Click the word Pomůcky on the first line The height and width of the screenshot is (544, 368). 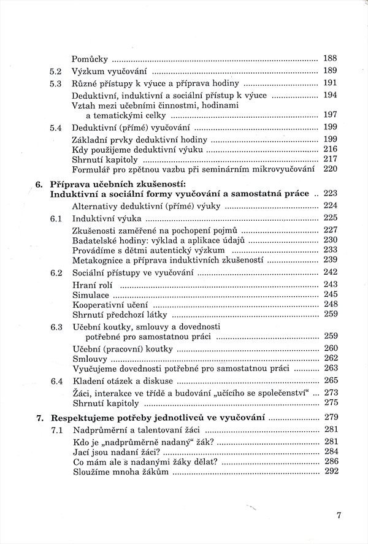pos(90,59)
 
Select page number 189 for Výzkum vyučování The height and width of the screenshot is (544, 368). pos(330,71)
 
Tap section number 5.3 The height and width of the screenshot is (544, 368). pos(56,83)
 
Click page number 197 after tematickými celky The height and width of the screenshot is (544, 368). pos(330,115)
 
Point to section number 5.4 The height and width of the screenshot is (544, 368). pos(56,128)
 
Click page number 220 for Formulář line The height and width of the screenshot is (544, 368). pos(330,169)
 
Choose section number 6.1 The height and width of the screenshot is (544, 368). pos(56,218)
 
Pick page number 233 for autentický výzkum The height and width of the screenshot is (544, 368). pos(330,250)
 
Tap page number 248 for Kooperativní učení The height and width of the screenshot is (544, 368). pos(330,304)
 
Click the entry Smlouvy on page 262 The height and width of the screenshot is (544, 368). pos(90,358)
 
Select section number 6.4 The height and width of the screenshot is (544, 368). pos(56,381)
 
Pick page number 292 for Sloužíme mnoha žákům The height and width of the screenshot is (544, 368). pos(330,471)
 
